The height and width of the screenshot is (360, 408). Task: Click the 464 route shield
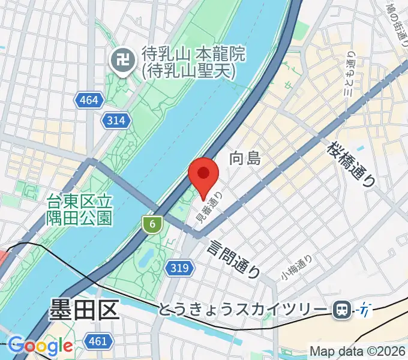pyautogui.click(x=88, y=100)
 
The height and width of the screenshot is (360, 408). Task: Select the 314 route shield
pyautogui.click(x=116, y=121)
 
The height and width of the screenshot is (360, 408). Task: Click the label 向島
pyautogui.click(x=245, y=159)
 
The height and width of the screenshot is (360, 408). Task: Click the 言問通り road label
pyautogui.click(x=235, y=257)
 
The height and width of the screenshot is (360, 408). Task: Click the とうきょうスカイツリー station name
pyautogui.click(x=244, y=310)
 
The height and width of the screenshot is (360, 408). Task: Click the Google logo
pyautogui.click(x=40, y=346)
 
